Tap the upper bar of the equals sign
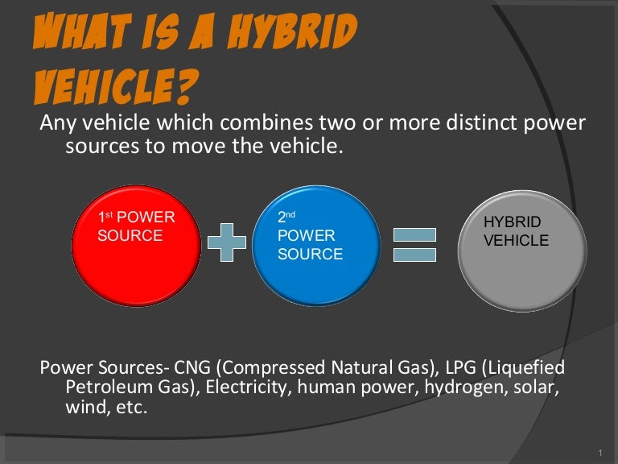click(x=414, y=234)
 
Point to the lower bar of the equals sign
click(x=414, y=255)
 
